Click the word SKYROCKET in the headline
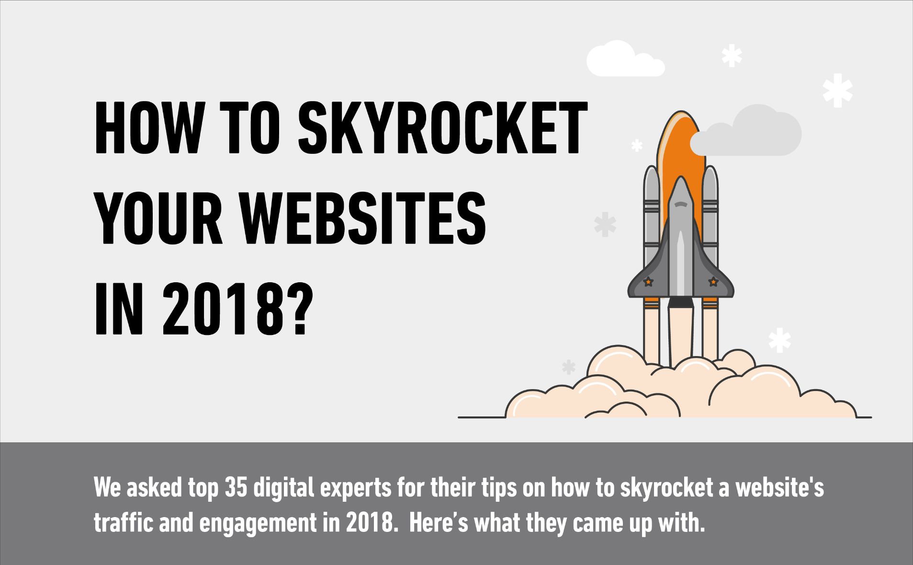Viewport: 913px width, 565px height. tap(442, 127)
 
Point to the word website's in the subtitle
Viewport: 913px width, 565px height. tap(779, 488)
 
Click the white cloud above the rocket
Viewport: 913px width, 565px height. tap(624, 60)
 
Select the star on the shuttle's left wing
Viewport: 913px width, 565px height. tap(648, 282)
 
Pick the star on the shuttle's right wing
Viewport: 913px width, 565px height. tap(713, 282)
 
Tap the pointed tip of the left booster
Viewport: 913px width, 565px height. tap(651, 166)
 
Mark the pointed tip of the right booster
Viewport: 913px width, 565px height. tap(710, 166)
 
